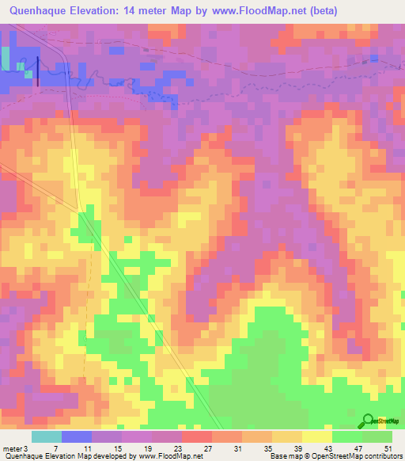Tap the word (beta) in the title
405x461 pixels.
coord(336,11)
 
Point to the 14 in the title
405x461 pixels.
coord(145,11)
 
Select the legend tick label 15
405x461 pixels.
coord(115,448)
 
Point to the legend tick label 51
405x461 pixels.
coord(388,448)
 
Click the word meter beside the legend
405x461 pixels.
coord(12,448)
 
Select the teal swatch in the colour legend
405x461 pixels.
coord(47,436)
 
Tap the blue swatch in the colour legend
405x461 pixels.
coord(77,436)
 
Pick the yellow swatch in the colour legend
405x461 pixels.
coord(317,436)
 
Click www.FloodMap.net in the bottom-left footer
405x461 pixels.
coord(168,456)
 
